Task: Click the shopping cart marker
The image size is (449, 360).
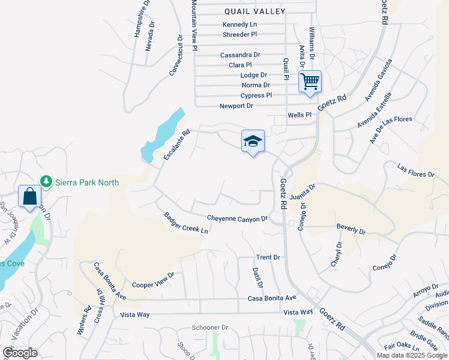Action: tap(310, 81)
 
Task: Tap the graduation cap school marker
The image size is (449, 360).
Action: tap(253, 141)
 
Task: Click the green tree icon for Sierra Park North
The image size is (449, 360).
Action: tap(46, 181)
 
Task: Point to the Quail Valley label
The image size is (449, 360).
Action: tap(255, 11)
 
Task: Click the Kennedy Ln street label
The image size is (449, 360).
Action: tap(240, 25)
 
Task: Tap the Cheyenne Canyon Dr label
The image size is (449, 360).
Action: tap(237, 218)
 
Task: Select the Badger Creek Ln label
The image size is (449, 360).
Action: tap(186, 223)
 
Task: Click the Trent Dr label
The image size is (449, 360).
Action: tap(268, 257)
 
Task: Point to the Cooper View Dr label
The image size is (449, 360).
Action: tap(152, 280)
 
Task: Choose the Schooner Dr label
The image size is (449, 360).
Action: tap(210, 328)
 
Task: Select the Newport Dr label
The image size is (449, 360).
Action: tap(237, 106)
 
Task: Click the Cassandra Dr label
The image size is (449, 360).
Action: tap(240, 55)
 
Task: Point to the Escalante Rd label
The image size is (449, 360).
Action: tap(176, 145)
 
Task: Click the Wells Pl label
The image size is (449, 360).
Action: tap(300, 115)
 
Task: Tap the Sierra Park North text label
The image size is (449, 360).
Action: tap(87, 182)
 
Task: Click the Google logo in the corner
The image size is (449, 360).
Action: tap(20, 353)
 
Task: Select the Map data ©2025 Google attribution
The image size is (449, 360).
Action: tap(412, 355)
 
